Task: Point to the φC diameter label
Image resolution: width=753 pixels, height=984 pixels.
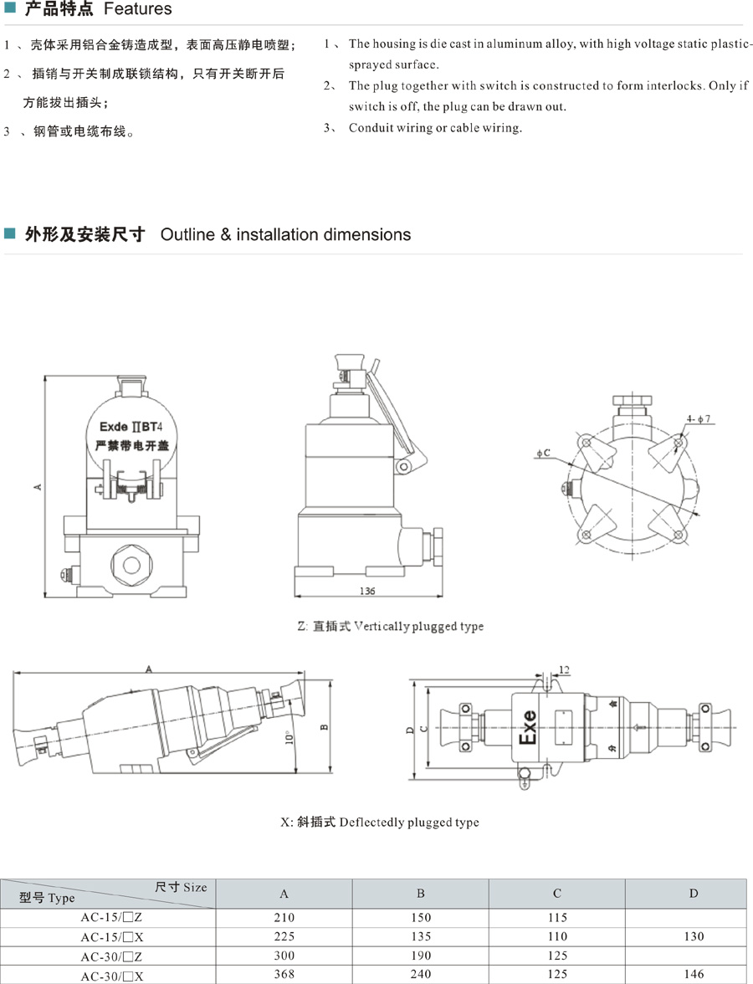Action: coord(545,453)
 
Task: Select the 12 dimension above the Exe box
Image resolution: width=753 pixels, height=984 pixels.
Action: coord(563,670)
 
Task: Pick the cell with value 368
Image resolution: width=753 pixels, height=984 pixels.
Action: coord(284,974)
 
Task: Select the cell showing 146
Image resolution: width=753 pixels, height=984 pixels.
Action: coord(694,974)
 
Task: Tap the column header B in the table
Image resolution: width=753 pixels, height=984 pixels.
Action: coord(421,894)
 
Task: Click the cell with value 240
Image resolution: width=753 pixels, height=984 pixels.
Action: coord(421,974)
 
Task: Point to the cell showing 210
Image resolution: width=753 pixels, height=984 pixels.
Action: coord(284,918)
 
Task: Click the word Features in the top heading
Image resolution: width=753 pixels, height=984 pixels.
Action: coord(137,10)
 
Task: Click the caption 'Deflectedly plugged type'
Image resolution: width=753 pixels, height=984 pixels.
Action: coord(408,823)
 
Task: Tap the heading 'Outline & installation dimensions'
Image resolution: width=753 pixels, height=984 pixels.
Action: coord(285,235)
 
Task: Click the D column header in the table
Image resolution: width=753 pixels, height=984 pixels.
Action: coord(694,894)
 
